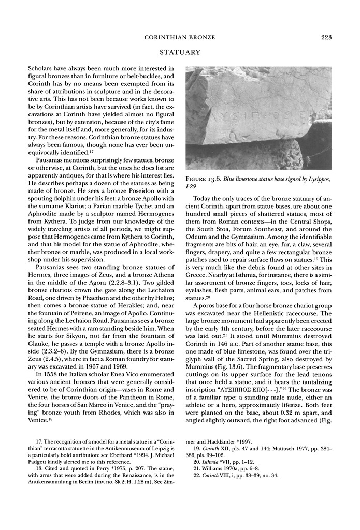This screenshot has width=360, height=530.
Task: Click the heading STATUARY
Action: click(180, 52)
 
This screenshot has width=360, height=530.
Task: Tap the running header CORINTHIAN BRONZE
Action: click(180, 37)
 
